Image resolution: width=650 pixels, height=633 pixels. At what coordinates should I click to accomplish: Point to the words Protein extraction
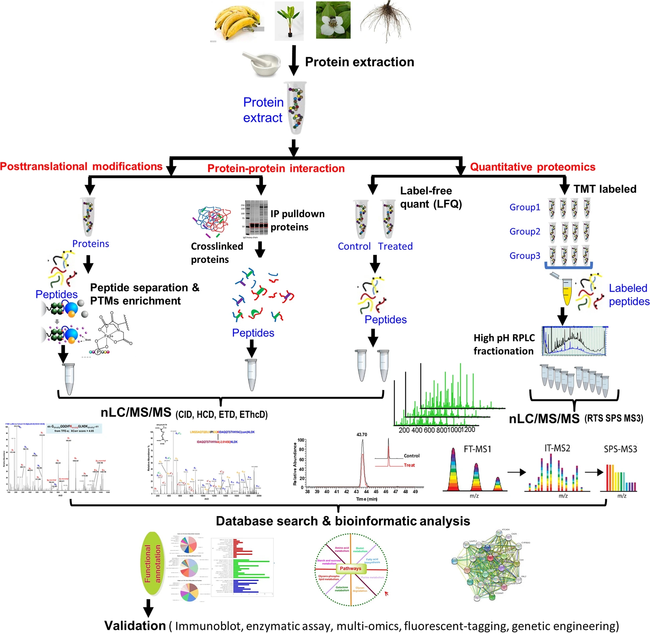click(x=359, y=62)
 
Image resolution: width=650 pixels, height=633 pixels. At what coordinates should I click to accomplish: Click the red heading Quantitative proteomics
click(x=533, y=167)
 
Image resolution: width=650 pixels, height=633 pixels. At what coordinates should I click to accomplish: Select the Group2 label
click(x=525, y=231)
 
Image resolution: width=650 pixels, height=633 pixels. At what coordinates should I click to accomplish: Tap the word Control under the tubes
click(x=354, y=246)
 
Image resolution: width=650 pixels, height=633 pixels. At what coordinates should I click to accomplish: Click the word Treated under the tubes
click(x=395, y=246)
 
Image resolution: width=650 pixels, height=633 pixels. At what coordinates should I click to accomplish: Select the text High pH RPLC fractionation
click(x=504, y=344)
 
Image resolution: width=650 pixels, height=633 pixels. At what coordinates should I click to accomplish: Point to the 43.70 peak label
click(x=361, y=434)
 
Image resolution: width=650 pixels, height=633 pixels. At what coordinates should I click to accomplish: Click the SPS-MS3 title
click(x=620, y=449)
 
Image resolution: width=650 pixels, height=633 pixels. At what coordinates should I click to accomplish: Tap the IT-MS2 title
click(x=557, y=448)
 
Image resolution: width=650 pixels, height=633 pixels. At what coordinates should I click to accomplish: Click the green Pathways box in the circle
click(x=350, y=568)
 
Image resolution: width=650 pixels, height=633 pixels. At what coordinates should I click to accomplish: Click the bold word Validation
click(x=135, y=625)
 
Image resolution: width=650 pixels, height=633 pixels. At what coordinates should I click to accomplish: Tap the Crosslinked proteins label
click(x=216, y=253)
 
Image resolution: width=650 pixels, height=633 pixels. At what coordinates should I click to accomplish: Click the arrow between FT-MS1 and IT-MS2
click(x=516, y=472)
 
